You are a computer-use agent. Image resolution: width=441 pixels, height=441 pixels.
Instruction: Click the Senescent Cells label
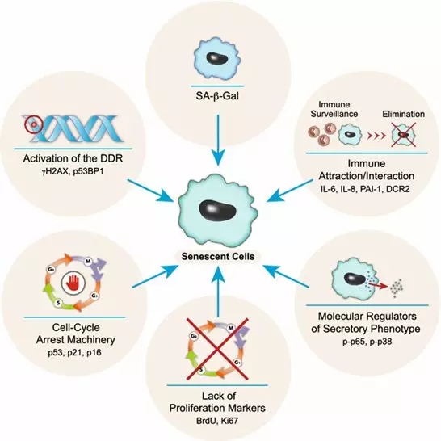point(218,257)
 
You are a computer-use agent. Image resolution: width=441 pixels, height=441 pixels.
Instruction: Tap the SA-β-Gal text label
point(217,96)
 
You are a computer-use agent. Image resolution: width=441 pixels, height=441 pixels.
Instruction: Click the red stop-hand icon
point(73,282)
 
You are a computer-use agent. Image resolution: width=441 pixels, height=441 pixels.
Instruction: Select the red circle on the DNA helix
point(33,124)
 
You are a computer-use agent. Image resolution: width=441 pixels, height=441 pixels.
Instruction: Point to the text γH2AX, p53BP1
point(73,171)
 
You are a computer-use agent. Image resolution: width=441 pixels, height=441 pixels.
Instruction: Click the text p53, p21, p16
point(74,352)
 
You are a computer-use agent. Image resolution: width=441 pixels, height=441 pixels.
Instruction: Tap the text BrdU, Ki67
point(217,421)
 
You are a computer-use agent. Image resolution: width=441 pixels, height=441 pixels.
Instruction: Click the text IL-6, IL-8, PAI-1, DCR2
point(366,189)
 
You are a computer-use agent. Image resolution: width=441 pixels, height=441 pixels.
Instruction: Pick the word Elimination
point(403,114)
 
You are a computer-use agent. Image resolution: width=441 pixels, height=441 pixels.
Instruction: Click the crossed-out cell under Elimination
point(404,135)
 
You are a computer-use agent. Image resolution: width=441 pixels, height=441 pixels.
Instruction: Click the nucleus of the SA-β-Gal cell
point(217,57)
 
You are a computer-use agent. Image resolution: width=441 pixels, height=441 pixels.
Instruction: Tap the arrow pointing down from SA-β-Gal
point(218,140)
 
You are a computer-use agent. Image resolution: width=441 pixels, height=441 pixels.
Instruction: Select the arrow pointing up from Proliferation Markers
point(218,291)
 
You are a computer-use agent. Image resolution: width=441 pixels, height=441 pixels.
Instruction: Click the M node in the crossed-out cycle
point(231,328)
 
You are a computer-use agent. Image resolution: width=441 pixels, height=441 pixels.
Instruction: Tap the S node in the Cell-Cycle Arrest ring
point(58,303)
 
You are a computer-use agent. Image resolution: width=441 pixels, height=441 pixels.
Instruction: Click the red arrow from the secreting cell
point(378,287)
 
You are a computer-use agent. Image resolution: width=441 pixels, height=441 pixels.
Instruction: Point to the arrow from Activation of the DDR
point(150,191)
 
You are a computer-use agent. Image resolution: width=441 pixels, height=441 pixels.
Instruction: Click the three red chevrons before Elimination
point(376,135)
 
